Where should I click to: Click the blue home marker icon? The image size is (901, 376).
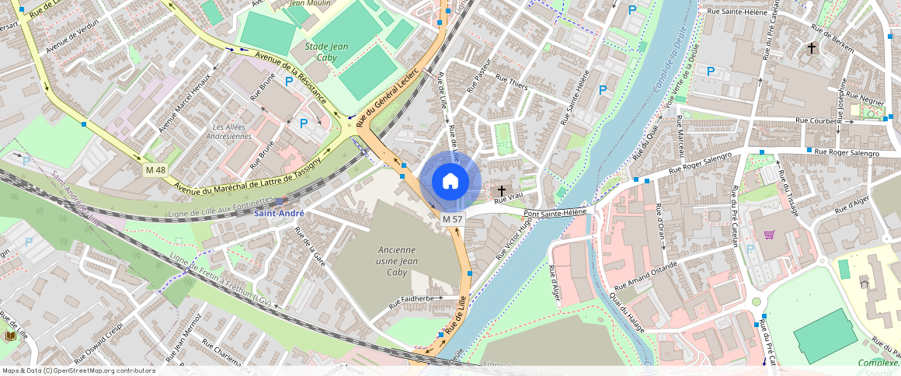[450, 182]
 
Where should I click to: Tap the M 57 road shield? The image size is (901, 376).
[453, 220]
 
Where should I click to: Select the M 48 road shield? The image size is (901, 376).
[155, 169]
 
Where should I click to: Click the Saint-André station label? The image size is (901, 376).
[280, 213]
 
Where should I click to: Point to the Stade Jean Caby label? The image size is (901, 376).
[326, 51]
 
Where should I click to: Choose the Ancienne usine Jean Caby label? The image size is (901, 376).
[398, 261]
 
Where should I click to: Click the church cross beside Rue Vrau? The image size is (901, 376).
[502, 190]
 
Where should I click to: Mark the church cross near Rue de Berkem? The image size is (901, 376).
[812, 48]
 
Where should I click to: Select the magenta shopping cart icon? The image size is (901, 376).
[770, 235]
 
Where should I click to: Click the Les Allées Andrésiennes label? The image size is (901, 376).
[231, 131]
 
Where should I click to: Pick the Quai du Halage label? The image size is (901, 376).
[626, 310]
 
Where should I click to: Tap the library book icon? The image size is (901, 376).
[11, 336]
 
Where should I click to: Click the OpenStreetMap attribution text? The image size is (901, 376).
[79, 371]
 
